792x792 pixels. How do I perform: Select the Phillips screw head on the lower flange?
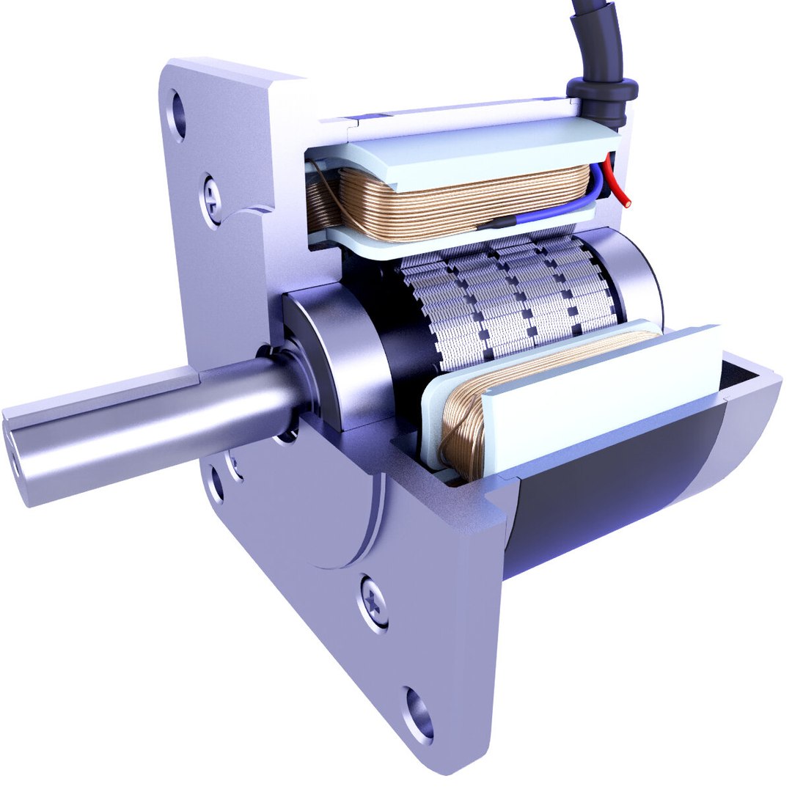coord(375,603)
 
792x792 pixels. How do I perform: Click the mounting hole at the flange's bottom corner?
coord(419,714)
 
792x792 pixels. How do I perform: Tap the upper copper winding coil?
coord(455,202)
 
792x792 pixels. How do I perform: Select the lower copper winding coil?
coord(462,433)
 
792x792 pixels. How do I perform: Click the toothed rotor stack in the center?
coord(506,301)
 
